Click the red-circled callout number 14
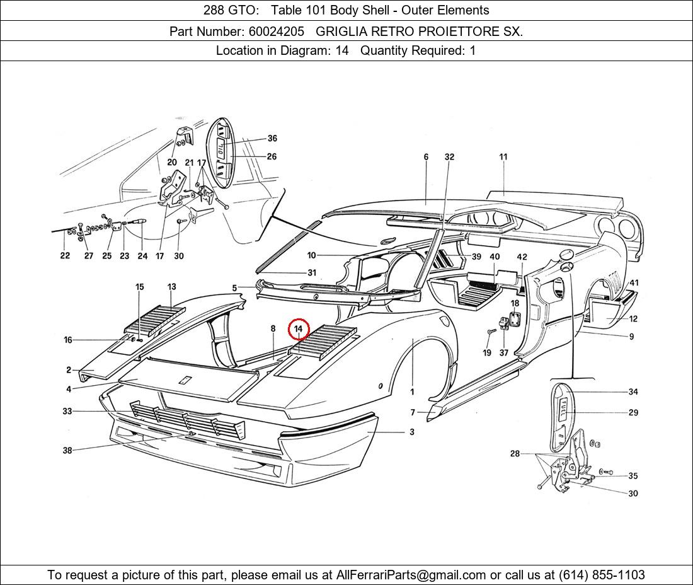(x=299, y=329)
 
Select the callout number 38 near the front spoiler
(x=67, y=450)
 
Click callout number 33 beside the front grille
(x=67, y=411)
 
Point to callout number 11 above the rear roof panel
(x=503, y=157)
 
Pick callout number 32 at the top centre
(x=449, y=157)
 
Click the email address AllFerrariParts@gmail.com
(x=411, y=575)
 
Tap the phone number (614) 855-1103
(x=602, y=575)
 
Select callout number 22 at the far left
(x=65, y=256)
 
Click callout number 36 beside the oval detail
(x=272, y=138)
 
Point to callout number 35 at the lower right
(x=633, y=476)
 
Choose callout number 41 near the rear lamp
(x=634, y=283)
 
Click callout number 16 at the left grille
(x=68, y=340)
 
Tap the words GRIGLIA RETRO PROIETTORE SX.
(x=419, y=31)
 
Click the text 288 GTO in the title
(x=226, y=10)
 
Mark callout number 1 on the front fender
(x=413, y=391)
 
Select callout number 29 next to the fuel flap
(x=633, y=412)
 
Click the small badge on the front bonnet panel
(x=185, y=380)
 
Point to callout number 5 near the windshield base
(x=234, y=288)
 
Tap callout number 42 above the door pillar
(x=522, y=257)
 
